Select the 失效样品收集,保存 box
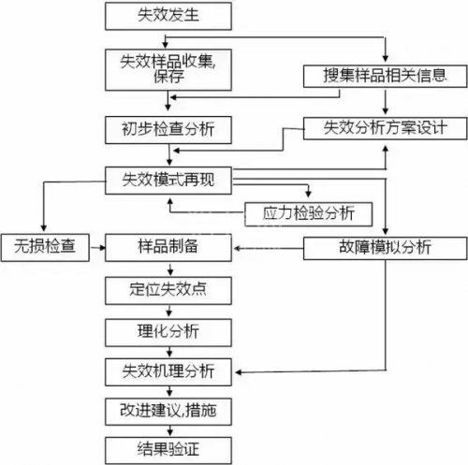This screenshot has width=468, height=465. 168,68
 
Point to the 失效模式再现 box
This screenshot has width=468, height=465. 168,178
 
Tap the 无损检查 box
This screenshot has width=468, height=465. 42,247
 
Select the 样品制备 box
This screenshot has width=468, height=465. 168,247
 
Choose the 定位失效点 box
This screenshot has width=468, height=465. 168,289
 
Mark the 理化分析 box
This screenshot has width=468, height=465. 168,330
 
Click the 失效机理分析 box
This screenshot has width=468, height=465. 168,371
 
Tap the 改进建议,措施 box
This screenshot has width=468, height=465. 168,410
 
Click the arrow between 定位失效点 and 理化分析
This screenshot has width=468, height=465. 168,310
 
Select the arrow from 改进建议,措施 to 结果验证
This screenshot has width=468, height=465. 168,429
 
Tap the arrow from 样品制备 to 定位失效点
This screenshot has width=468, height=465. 168,269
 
